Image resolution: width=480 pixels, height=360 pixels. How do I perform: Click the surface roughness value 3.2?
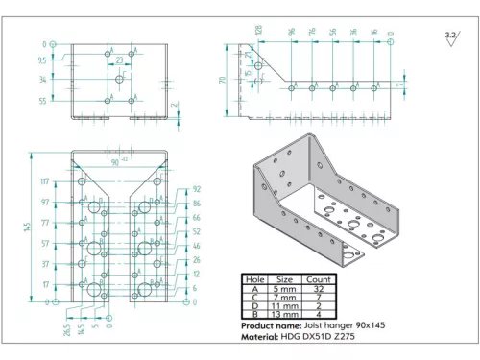[x=450, y=36]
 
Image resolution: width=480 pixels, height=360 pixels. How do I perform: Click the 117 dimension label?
[x=44, y=181]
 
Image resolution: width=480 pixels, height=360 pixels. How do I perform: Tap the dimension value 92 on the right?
[x=197, y=190]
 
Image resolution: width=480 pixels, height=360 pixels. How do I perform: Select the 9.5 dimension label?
[x=42, y=60]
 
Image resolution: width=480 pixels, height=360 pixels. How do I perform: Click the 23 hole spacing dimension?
[x=118, y=60]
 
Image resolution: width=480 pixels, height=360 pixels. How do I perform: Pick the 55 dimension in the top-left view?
[x=42, y=100]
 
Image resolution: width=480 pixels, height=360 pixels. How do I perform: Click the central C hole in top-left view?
[x=119, y=81]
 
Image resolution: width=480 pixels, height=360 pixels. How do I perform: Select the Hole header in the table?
[x=255, y=279]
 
